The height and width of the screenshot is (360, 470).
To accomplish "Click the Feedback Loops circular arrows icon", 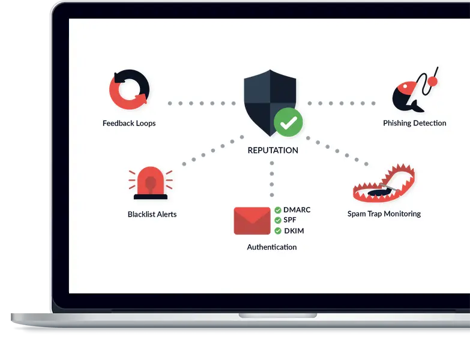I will [129, 90].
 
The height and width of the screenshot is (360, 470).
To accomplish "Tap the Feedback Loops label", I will [129, 124].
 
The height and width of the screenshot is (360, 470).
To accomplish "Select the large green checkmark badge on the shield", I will [289, 122].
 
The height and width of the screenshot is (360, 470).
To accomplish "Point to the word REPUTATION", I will [273, 151].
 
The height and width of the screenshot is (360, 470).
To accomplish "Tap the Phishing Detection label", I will [415, 124].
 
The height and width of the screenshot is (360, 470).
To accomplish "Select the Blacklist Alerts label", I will [152, 214].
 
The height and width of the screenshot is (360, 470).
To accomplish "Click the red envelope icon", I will [252, 220].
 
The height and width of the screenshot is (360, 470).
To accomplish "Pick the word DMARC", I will [297, 210].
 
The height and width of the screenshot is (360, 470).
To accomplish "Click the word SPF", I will [291, 221].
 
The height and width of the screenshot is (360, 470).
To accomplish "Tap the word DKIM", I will [294, 231].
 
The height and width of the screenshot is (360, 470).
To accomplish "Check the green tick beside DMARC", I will [278, 210].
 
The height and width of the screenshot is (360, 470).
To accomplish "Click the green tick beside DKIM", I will [278, 231].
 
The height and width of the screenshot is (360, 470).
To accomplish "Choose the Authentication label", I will [272, 247].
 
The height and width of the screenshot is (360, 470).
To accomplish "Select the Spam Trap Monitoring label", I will [384, 214].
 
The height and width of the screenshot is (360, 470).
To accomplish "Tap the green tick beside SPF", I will [278, 221].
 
